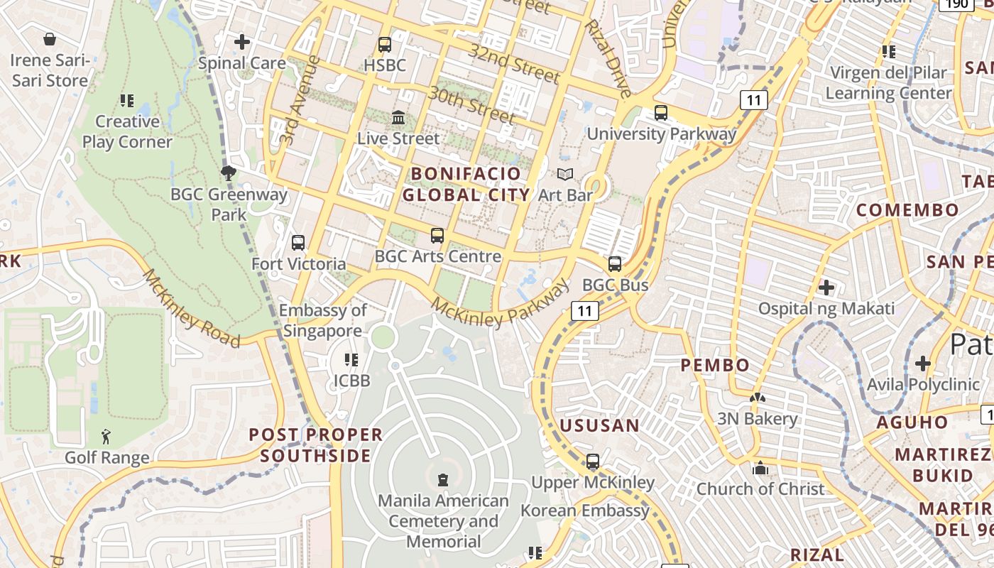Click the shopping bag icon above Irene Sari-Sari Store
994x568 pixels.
[x=50, y=38]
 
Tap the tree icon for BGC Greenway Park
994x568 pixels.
[x=229, y=173]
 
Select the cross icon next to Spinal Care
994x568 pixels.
[x=242, y=42]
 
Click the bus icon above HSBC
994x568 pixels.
[x=385, y=45]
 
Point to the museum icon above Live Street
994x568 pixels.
[x=398, y=117]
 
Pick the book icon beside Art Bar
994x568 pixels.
[x=565, y=174]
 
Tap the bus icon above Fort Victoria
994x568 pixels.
[x=298, y=243]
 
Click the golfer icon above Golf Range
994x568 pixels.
[x=106, y=437]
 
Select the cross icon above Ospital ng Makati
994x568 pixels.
[x=826, y=288]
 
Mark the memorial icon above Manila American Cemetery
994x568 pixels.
[x=443, y=480]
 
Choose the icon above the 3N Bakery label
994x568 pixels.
[x=758, y=398]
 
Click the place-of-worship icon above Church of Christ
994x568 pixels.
[x=760, y=468]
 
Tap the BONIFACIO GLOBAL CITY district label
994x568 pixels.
[x=466, y=184]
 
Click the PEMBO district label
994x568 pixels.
[x=715, y=365]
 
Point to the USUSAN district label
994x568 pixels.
[x=600, y=425]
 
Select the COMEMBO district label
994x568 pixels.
[x=907, y=209]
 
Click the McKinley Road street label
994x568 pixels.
[x=192, y=308]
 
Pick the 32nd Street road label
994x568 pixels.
[x=515, y=62]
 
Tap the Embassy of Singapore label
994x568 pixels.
[x=323, y=320]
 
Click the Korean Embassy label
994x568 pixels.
[x=585, y=510]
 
